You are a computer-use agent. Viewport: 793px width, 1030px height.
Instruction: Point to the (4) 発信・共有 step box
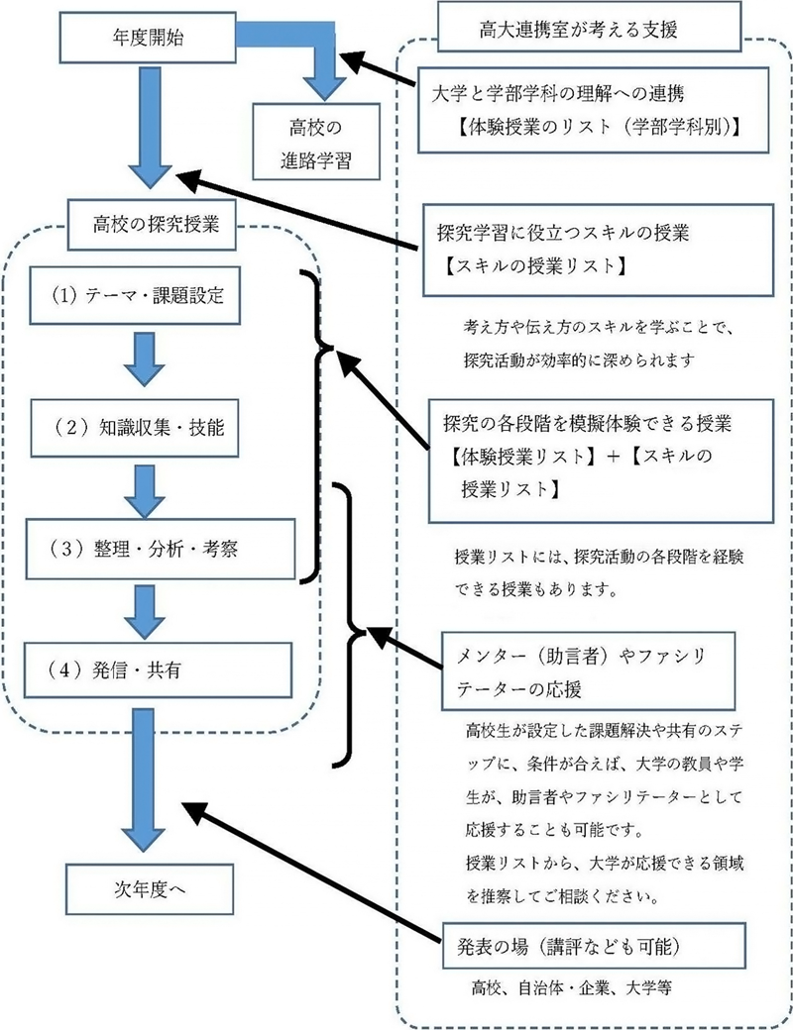tap(160, 669)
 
